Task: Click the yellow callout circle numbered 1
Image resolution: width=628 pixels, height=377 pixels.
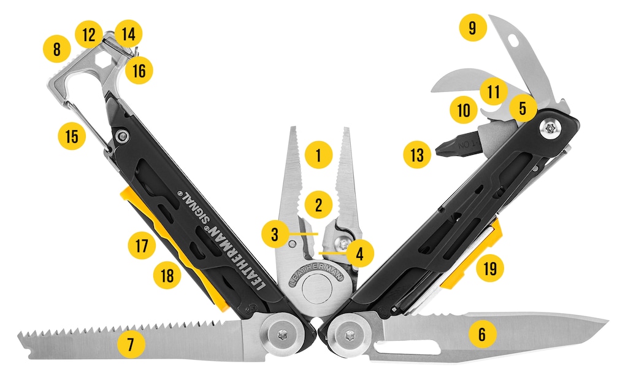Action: pyautogui.click(x=318, y=155)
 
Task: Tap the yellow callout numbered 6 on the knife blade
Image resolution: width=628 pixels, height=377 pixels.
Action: pyautogui.click(x=482, y=333)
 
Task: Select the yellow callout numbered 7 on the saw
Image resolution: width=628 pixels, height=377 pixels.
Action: pyautogui.click(x=131, y=344)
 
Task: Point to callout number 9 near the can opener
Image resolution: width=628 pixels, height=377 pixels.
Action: pyautogui.click(x=473, y=28)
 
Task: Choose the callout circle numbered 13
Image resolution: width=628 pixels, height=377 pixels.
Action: pyautogui.click(x=417, y=154)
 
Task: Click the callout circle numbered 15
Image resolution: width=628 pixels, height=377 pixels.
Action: pyautogui.click(x=72, y=136)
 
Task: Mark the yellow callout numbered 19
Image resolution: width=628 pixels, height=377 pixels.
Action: pyautogui.click(x=490, y=268)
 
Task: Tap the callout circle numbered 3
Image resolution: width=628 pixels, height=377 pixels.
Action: pyautogui.click(x=275, y=234)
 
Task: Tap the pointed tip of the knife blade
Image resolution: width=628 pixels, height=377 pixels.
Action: pyautogui.click(x=608, y=321)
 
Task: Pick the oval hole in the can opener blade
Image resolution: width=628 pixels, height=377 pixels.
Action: pyautogui.click(x=513, y=40)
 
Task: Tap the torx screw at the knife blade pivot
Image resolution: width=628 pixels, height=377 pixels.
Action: pyautogui.click(x=348, y=333)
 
